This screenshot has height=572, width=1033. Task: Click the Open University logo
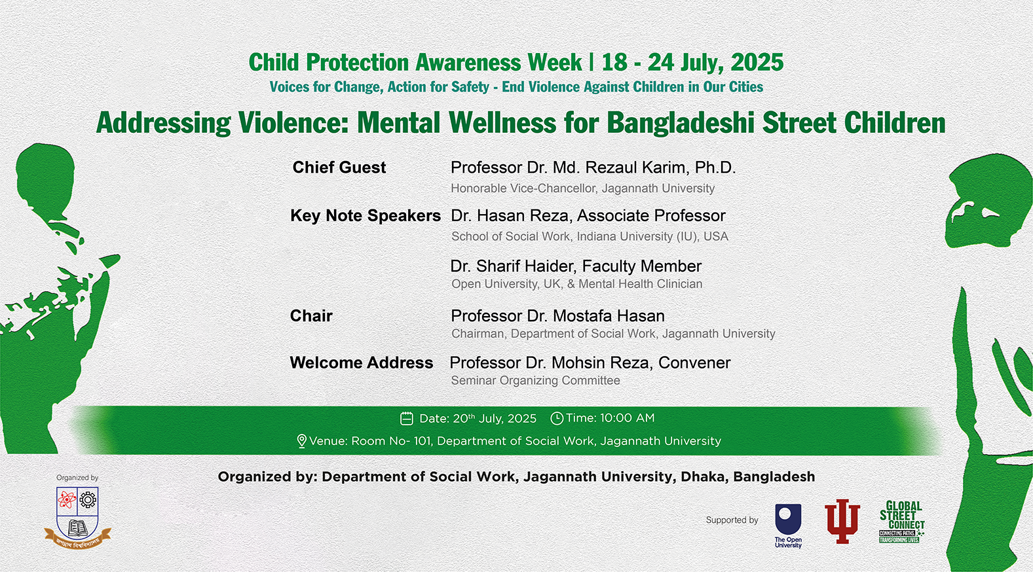click(788, 526)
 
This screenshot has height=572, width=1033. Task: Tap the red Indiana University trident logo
click(842, 522)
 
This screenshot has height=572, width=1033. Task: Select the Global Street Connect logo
click(901, 522)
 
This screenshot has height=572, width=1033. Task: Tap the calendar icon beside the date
click(406, 418)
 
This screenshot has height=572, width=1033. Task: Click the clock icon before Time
click(557, 418)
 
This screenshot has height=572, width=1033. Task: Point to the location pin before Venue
click(301, 441)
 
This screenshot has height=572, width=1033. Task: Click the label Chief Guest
click(339, 168)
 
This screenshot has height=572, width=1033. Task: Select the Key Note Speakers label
click(366, 216)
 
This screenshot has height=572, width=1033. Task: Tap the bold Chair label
click(311, 315)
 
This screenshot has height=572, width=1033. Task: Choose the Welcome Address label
click(362, 363)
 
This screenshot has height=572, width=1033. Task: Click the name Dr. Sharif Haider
click(513, 266)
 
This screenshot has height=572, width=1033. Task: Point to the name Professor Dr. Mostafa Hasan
click(557, 315)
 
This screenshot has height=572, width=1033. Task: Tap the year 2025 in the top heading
click(757, 63)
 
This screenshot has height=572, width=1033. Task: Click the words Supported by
click(732, 520)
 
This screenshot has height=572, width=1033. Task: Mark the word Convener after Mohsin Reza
click(694, 363)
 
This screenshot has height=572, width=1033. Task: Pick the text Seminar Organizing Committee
click(535, 381)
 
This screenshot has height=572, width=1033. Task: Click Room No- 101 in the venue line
click(392, 441)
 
